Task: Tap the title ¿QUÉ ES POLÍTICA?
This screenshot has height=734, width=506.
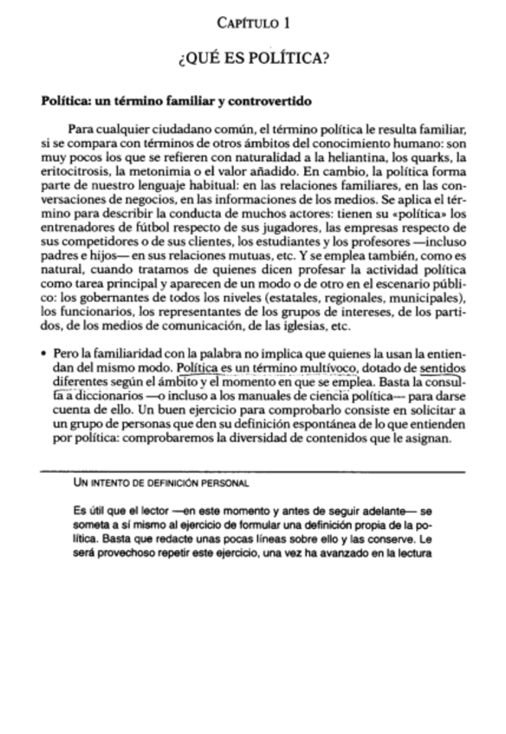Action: (252, 60)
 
